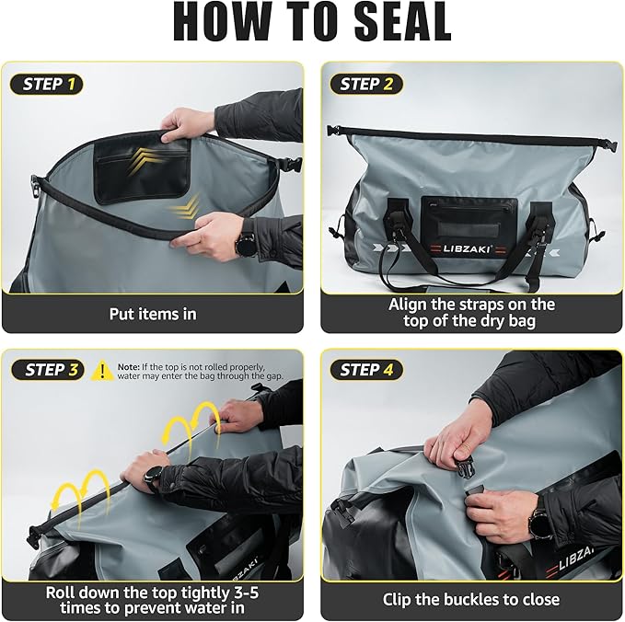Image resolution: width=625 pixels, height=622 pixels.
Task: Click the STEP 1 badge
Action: (47, 85)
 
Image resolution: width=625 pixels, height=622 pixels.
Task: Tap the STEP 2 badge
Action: (365, 85)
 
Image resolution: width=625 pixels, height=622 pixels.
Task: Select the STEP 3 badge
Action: (47, 370)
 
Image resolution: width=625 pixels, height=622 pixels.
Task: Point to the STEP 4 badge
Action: (365, 370)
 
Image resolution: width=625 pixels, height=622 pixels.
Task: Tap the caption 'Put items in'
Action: (153, 314)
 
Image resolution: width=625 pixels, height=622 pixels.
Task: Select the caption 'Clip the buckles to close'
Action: (470, 599)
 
